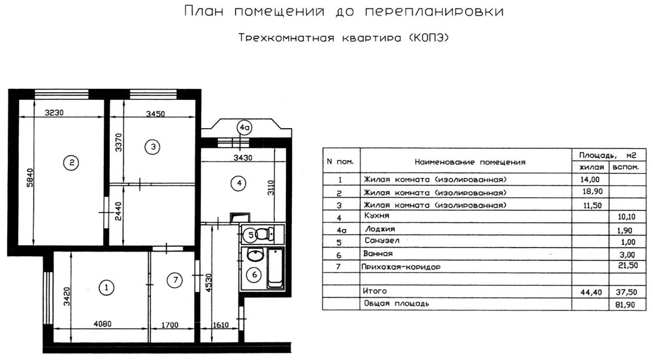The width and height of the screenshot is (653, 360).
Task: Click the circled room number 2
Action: tap(71, 163)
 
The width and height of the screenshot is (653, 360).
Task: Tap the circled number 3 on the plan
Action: tap(153, 146)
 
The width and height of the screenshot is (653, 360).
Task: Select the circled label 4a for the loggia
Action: tap(244, 128)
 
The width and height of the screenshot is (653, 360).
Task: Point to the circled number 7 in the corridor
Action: tap(175, 280)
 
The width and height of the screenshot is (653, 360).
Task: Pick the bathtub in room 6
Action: tap(276, 269)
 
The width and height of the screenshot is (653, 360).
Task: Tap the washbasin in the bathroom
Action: tap(255, 255)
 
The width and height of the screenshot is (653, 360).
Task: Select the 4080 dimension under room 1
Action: tap(103, 324)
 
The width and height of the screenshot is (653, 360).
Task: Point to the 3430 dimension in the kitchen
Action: tap(242, 158)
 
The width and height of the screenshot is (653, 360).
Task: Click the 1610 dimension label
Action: tap(221, 325)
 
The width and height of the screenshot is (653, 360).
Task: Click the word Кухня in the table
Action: tap(377, 216)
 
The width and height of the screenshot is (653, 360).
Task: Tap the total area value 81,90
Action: tap(625, 304)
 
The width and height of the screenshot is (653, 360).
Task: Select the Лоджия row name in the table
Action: tap(380, 229)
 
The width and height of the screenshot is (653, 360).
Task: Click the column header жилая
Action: tap(592, 167)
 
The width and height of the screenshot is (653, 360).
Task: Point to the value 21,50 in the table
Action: tap(628, 265)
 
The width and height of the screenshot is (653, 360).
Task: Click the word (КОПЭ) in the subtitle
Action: tap(430, 38)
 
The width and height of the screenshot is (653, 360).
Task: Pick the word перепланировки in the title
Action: tap(434, 12)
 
